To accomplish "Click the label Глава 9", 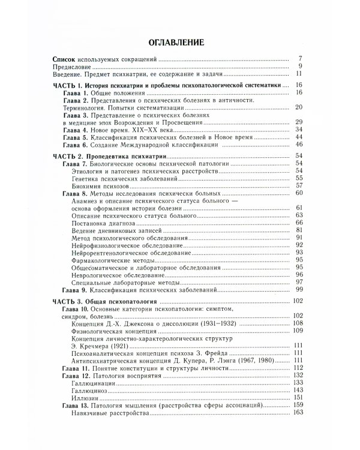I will coord(76,289).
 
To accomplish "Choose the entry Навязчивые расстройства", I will coord(111,413).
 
